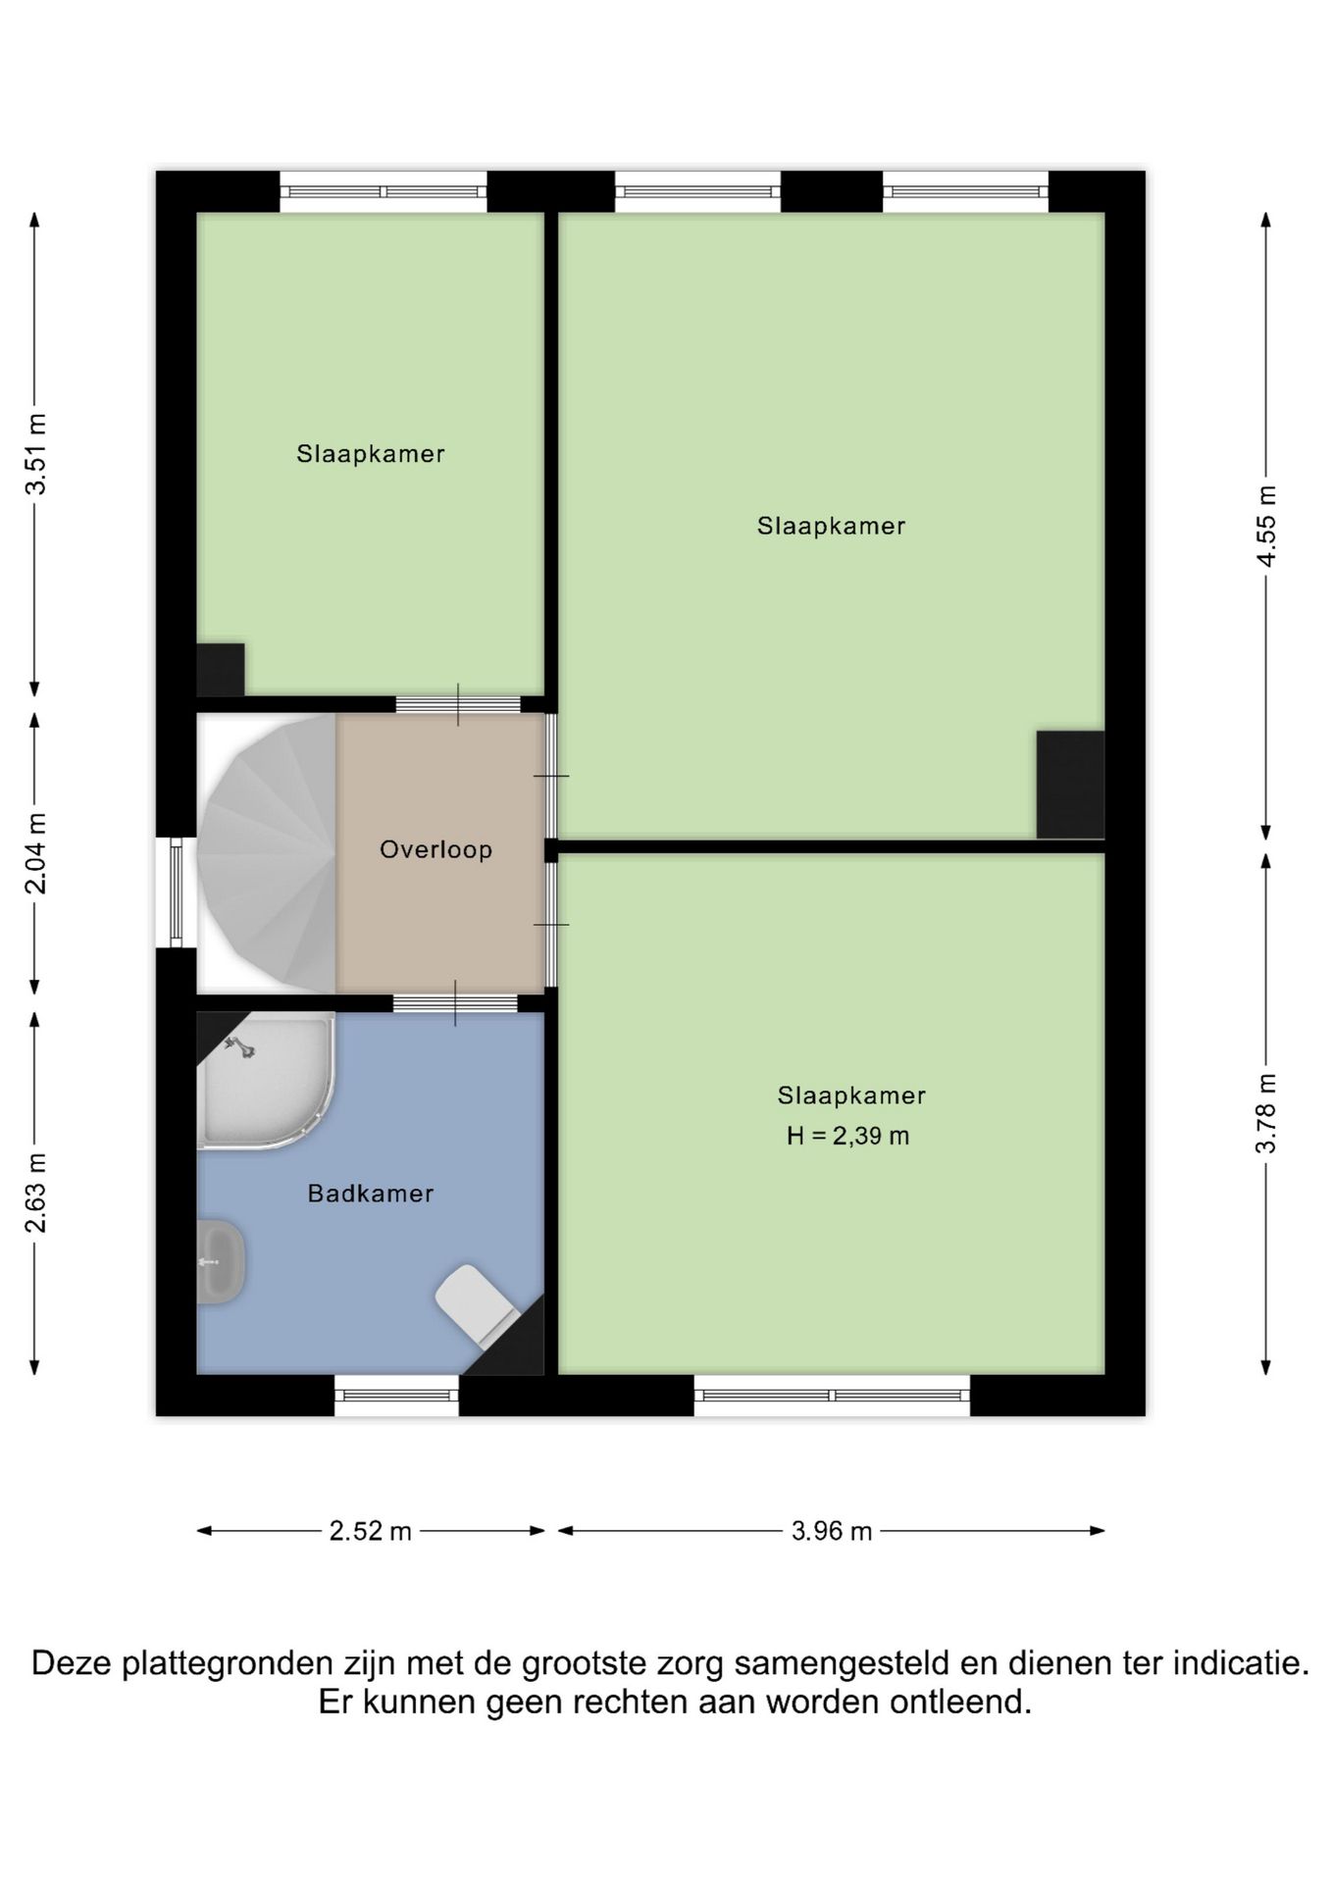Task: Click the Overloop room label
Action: coord(435,849)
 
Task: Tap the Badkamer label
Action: coord(371,1194)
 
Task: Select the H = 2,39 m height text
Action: coord(848,1137)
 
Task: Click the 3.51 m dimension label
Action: coord(35,455)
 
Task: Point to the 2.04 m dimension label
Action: coord(35,853)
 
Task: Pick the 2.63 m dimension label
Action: coord(35,1193)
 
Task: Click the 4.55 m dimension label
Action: coord(1267,526)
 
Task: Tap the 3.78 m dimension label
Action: coord(1267,1113)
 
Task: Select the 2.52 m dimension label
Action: coord(371,1531)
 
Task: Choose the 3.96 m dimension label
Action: coord(832,1531)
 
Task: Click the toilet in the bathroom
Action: coord(479,1305)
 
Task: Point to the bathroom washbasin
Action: coord(220,1261)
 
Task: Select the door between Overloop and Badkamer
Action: coord(455,1002)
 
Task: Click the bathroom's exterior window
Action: coord(396,1395)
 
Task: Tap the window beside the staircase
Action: coord(177,891)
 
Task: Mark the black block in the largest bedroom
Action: coord(1071,785)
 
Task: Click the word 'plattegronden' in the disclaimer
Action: coord(230,1664)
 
